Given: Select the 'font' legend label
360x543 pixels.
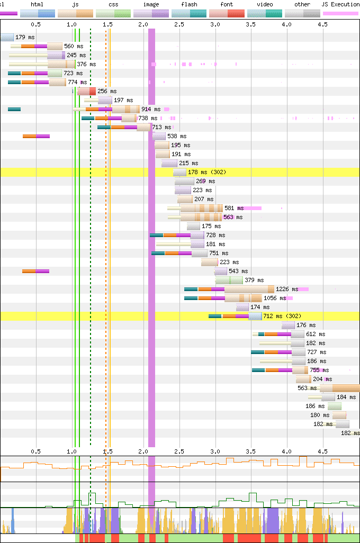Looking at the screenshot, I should click(x=226, y=4).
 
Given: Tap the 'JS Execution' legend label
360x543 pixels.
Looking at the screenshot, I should click(x=341, y=4).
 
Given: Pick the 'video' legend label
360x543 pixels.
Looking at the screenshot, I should click(x=265, y=4).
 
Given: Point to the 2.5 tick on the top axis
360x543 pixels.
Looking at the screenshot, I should click(x=179, y=24).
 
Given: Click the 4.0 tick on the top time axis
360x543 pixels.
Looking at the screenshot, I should click(x=286, y=24).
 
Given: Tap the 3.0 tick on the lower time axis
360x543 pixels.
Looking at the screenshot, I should click(x=215, y=451).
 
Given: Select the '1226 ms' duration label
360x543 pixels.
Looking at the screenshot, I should click(x=287, y=289).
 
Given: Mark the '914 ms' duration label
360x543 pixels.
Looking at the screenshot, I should click(x=151, y=109).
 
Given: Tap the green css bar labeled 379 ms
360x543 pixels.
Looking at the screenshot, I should click(x=229, y=280).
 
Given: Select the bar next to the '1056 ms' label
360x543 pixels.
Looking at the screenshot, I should click(x=243, y=298).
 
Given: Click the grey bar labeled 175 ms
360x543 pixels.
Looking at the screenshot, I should click(x=193, y=226).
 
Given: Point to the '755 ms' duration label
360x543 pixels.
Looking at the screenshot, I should click(x=318, y=370).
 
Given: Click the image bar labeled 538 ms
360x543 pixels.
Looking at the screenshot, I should click(x=159, y=136).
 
